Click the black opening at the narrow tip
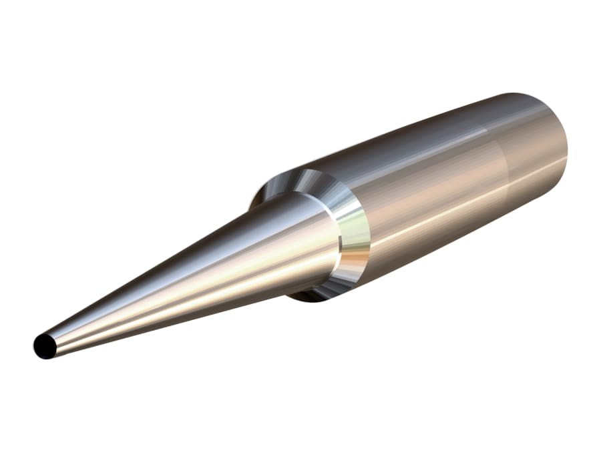(x=45, y=346)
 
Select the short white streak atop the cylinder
(x=467, y=133)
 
